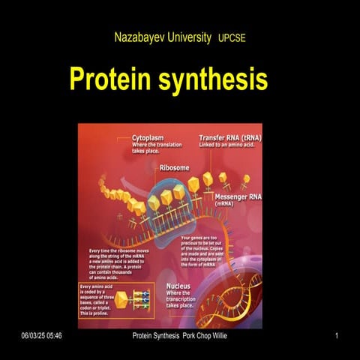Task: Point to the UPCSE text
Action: coord(232,37)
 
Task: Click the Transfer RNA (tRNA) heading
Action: coord(230,138)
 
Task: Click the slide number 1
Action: coord(337,335)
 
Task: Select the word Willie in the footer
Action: coord(217,335)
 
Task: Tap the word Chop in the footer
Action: coord(197,335)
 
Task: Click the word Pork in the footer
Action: coord(179,335)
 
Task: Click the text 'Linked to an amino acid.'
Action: coord(230,145)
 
